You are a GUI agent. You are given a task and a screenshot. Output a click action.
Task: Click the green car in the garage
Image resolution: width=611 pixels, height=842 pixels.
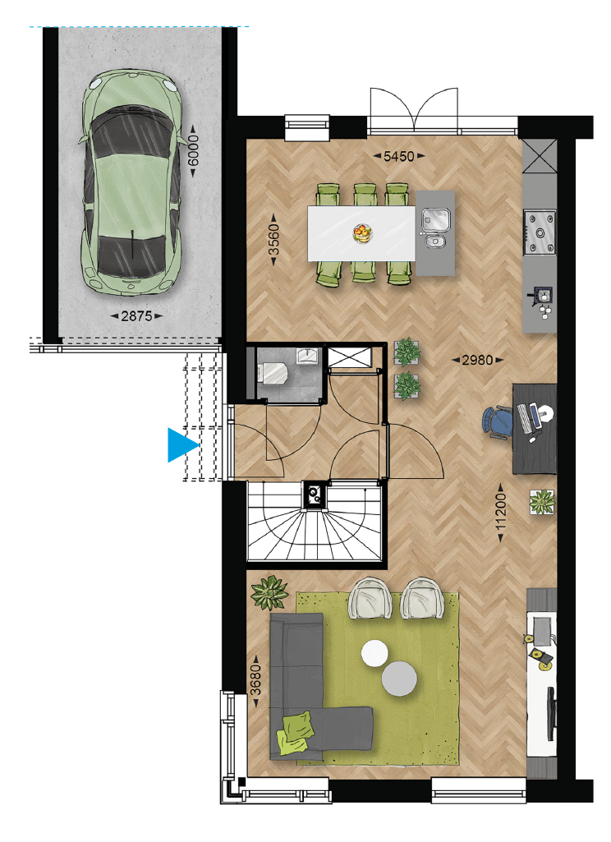click(x=131, y=182)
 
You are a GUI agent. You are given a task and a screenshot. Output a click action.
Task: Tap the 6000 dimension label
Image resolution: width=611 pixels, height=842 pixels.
click(x=193, y=150)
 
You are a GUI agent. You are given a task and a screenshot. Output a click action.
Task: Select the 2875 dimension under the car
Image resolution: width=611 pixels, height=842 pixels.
click(x=136, y=315)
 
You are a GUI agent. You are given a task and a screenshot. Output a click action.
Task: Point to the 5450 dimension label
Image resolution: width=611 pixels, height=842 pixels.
click(x=399, y=156)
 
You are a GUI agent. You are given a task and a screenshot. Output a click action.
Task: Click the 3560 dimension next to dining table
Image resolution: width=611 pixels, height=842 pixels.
click(x=274, y=240)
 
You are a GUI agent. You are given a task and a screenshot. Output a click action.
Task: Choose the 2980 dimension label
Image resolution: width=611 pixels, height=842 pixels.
click(x=477, y=360)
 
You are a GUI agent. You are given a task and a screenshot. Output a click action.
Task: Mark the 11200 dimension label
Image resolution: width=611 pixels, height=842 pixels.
click(x=500, y=513)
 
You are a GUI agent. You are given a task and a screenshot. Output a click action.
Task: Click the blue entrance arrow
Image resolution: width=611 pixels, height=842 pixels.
click(x=183, y=445)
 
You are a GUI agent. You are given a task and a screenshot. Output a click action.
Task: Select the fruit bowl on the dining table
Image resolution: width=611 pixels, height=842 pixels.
click(x=362, y=233)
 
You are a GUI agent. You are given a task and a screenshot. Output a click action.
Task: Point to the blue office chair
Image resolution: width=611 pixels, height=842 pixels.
click(x=497, y=423)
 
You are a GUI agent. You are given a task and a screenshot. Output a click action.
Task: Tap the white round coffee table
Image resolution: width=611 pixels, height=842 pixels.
click(x=374, y=654)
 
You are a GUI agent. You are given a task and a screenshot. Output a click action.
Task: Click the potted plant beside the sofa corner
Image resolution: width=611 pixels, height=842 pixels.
click(x=269, y=592)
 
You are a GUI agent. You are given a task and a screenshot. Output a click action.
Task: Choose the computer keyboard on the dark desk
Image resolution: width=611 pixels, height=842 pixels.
click(x=525, y=418)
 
